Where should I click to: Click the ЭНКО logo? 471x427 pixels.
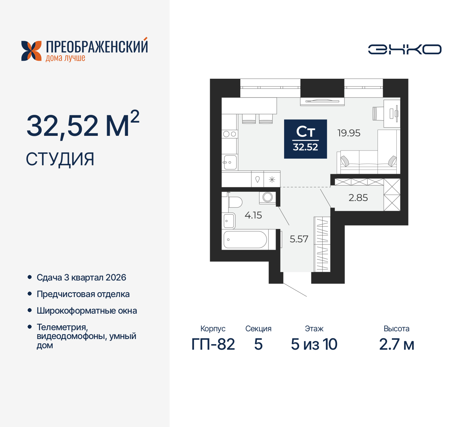405,49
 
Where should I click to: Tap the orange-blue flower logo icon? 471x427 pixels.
31,51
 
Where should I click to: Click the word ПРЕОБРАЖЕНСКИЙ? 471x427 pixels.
97,47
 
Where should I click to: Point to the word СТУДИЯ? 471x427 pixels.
60,159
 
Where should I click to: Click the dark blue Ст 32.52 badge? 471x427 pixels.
305,139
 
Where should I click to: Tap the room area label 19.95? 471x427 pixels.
349,133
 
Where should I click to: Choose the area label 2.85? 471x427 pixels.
358,198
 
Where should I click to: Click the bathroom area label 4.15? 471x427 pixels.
253,215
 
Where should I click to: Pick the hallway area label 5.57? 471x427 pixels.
299,239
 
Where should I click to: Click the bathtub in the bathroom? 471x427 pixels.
245,240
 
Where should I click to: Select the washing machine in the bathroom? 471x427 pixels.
268,197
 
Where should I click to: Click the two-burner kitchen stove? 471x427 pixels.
230,134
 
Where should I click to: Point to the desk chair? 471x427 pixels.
378,113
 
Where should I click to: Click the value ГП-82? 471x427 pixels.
213,344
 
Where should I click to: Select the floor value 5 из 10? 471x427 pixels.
314,344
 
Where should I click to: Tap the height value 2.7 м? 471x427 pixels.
396,344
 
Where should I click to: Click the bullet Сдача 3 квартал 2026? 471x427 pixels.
81,278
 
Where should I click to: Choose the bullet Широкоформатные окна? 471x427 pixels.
87,311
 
